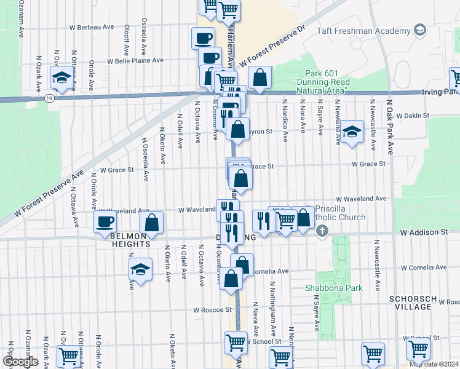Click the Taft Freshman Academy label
[363, 31]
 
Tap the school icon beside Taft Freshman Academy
[420, 30]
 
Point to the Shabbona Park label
[334, 288]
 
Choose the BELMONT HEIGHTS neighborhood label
[130, 240]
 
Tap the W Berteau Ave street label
[92, 27]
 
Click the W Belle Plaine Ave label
[135, 61]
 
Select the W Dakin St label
[412, 115]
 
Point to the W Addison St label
[424, 233]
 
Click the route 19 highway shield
[49, 98]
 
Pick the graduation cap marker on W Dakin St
[352, 132]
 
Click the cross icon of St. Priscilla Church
[322, 232]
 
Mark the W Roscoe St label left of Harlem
[212, 311]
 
